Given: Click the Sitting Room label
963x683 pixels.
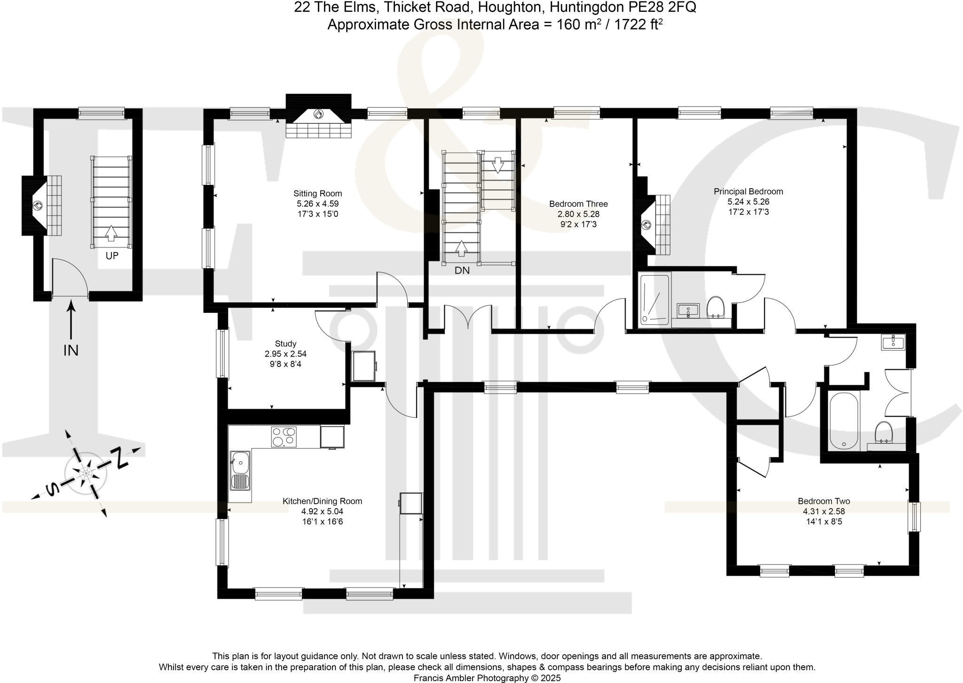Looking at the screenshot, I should point(317,193).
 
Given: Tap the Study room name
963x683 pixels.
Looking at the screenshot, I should point(285,344).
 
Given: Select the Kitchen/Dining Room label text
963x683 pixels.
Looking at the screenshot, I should point(322,501).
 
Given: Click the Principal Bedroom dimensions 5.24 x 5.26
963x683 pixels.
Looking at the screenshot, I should point(748,202).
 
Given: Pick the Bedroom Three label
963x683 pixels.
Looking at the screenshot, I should point(578,204).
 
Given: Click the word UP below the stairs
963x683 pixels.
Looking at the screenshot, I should point(112,256).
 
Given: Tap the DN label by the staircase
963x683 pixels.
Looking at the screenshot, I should point(462,270).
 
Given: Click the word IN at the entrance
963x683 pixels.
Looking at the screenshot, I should point(71,350).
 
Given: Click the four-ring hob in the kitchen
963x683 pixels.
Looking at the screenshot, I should point(284,437).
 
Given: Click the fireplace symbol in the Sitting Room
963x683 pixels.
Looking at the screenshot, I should point(318,114).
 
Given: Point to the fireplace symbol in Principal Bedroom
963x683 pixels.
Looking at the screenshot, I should point(646,225).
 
